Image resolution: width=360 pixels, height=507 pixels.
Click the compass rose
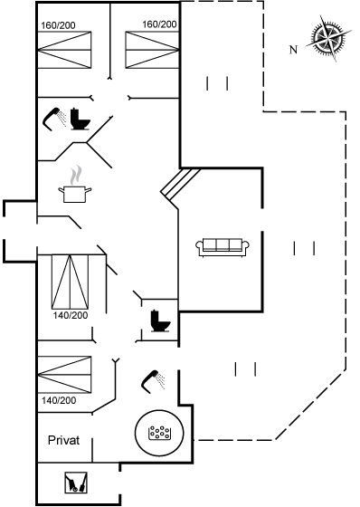point(328,38)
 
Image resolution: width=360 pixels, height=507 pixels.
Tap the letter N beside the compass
point(293,50)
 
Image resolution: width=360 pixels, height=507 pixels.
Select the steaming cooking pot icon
point(75,185)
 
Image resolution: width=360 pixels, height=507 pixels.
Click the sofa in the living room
point(223,248)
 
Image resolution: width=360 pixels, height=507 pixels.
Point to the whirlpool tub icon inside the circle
point(159,433)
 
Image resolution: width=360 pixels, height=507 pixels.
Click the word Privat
point(63,440)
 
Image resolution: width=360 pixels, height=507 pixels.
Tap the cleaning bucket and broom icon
point(76,483)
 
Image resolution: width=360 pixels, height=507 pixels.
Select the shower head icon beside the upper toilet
point(54,119)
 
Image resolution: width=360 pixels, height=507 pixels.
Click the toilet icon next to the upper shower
point(81,119)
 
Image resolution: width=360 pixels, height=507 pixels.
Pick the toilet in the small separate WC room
point(160,320)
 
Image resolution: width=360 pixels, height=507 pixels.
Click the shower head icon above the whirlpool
point(154,381)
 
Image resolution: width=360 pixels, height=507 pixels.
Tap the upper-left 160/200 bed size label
point(58,25)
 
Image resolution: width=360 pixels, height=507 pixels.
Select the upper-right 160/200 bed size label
point(159,24)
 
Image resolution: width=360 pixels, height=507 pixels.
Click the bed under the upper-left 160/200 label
point(64,50)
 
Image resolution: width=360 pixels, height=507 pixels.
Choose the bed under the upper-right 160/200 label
point(152,50)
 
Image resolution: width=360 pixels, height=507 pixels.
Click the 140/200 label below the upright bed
point(71,315)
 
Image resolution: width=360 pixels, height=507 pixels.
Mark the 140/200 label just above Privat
point(59,400)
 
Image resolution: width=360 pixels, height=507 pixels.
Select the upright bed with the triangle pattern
point(71,282)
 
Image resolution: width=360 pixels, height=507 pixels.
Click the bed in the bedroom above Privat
point(64,375)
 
